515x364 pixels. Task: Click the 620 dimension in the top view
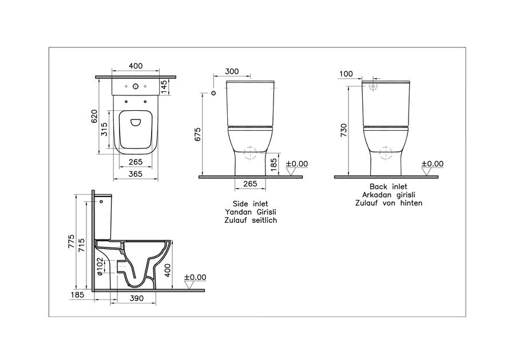pos(94,117)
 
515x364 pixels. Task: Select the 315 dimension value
pos(104,129)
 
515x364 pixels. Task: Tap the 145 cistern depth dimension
pos(164,87)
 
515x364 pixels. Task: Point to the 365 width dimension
pos(135,174)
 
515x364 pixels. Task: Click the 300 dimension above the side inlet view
pos(232,71)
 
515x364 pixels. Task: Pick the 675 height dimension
pos(198,134)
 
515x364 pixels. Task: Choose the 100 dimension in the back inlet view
pos(346,74)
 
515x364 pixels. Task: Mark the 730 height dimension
pos(344,130)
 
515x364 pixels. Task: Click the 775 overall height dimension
pos(72,241)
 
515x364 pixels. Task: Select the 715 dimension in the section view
pos(81,245)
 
